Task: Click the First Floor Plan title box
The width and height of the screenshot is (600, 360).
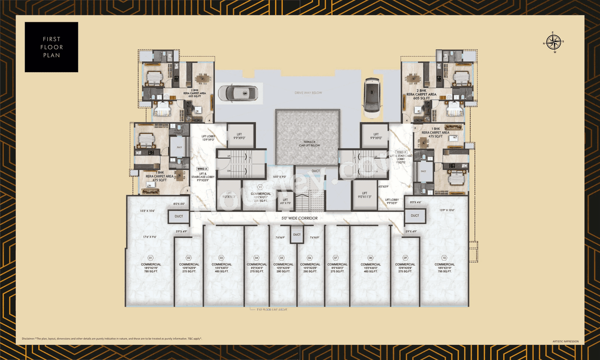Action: click(52, 47)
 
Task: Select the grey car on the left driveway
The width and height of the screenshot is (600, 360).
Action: click(239, 93)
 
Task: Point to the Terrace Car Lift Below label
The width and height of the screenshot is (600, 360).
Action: click(307, 143)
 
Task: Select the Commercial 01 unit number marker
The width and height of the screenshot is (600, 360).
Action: click(150, 258)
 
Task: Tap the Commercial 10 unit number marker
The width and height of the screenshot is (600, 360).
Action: click(444, 258)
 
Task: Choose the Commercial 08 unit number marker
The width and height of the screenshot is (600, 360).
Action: click(370, 258)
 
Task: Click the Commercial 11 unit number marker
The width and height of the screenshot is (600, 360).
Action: click(260, 187)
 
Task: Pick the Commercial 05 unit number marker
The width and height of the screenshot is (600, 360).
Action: click(282, 258)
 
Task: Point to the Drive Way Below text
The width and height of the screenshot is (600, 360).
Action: click(308, 93)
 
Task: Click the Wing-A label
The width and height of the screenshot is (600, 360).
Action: click(202, 168)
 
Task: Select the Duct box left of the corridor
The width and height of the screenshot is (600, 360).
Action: click(179, 216)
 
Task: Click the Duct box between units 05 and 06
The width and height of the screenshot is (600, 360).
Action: click(297, 235)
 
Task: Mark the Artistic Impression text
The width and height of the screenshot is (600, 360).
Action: click(566, 341)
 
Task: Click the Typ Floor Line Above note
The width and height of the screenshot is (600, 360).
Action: click(265, 310)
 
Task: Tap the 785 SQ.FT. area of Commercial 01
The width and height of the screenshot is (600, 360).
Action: click(150, 271)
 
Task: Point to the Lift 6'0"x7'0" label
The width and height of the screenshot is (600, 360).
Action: click(285, 201)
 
